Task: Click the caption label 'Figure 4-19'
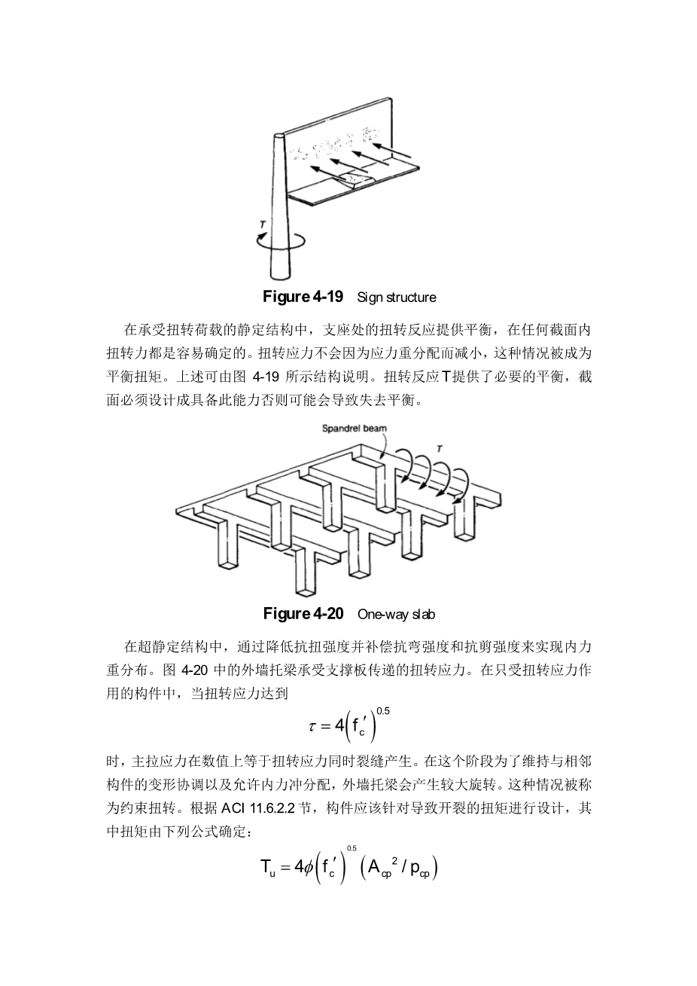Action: (303, 296)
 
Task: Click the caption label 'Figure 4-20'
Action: (303, 613)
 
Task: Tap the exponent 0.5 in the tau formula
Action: (382, 710)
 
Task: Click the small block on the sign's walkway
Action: (355, 179)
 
